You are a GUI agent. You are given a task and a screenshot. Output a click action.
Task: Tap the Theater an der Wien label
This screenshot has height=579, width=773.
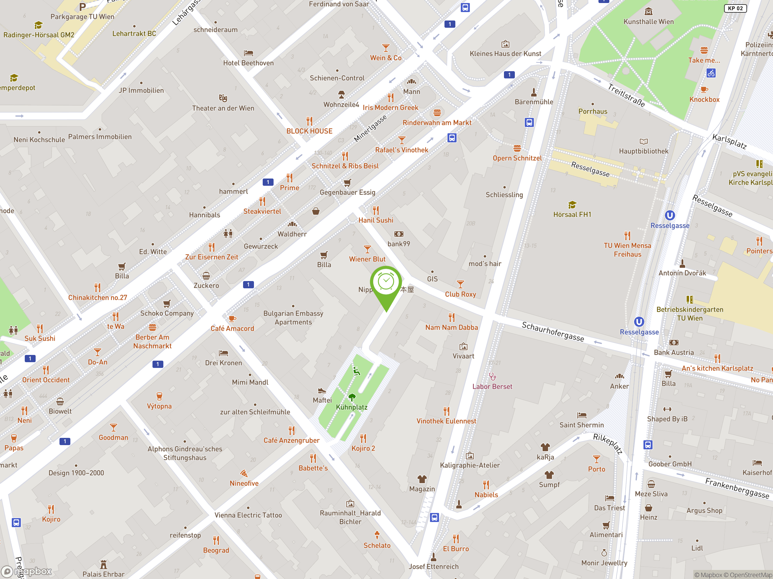223,108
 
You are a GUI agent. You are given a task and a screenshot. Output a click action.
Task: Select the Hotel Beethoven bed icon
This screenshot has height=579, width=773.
249,53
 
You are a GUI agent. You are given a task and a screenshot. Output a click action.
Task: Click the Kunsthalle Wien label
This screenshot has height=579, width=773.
648,22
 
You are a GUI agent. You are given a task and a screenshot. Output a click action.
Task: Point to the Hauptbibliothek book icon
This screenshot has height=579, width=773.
643,141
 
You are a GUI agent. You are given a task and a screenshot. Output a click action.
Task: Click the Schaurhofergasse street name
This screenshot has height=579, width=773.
553,331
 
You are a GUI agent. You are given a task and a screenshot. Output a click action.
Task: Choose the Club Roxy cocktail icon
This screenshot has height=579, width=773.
460,284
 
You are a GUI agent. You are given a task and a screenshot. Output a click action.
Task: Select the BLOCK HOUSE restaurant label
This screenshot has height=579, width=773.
309,131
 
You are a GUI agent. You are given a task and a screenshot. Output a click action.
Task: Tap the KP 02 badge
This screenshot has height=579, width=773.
735,8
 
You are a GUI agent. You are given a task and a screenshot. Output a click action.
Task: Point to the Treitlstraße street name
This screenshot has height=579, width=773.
626,95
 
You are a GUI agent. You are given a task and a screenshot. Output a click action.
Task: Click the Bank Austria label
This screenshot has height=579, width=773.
673,353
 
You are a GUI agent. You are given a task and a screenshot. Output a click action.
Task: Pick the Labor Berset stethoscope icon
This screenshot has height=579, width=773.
492,377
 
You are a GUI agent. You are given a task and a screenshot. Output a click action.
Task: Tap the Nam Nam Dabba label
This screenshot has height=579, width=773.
451,327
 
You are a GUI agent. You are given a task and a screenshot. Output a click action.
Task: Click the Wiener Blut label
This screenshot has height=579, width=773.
367,259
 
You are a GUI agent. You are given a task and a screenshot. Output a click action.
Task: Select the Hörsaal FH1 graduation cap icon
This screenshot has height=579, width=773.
572,204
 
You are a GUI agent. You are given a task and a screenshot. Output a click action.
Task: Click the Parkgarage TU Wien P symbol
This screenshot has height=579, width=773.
82,7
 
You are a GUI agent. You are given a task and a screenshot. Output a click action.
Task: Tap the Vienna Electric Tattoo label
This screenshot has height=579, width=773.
248,515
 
